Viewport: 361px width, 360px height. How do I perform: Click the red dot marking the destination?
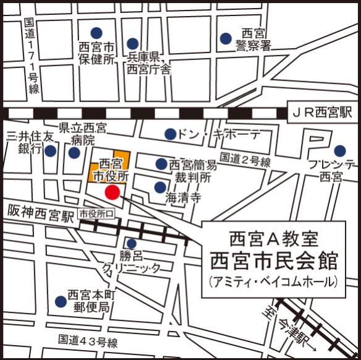click(x=111, y=192)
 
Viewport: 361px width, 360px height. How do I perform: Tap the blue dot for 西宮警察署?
click(x=226, y=38)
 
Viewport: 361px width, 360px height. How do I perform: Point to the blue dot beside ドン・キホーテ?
click(x=169, y=134)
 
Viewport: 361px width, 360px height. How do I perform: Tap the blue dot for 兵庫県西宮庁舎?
click(x=132, y=43)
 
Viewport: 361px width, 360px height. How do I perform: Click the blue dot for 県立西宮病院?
click(x=74, y=152)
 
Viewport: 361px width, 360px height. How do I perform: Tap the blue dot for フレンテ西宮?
click(x=339, y=150)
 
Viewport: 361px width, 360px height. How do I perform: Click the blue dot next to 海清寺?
click(x=159, y=187)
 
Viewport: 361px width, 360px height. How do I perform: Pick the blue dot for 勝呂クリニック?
click(x=131, y=244)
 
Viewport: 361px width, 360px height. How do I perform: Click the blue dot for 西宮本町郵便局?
click(x=60, y=301)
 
